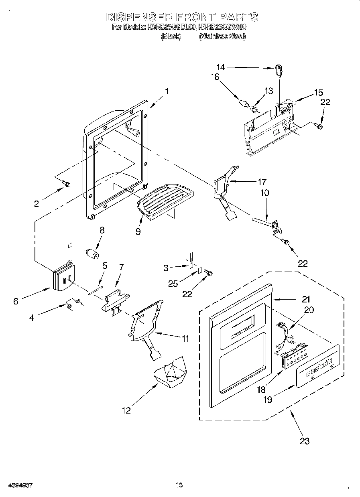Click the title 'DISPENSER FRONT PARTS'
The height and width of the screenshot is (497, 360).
[x=181, y=17]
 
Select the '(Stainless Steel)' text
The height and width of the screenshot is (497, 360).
[x=222, y=37]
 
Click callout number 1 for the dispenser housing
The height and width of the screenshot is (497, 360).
[x=166, y=91]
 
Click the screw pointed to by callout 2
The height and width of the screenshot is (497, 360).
[x=67, y=184]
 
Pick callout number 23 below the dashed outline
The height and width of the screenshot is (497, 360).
[x=305, y=441]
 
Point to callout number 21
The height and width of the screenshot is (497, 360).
[x=306, y=299]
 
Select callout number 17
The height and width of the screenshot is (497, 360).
[x=262, y=181]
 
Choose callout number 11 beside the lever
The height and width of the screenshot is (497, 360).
[x=184, y=339]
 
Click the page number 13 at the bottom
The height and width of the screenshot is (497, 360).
[x=179, y=485]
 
